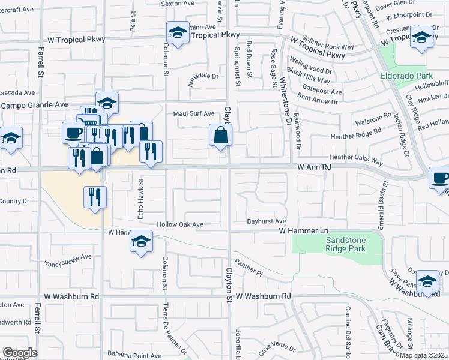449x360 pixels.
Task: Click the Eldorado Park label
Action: point(406,76)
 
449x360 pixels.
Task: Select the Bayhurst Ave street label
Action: point(266,221)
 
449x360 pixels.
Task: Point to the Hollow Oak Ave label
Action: point(180,224)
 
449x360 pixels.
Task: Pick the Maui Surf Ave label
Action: point(194,113)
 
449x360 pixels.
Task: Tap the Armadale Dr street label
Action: point(203,77)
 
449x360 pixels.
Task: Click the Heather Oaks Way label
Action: point(356,158)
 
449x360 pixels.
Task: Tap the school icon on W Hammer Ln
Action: point(141,242)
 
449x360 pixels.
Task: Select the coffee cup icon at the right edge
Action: point(440,178)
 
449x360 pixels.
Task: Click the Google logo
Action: point(20,353)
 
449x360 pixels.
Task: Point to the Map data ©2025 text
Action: point(423,355)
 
